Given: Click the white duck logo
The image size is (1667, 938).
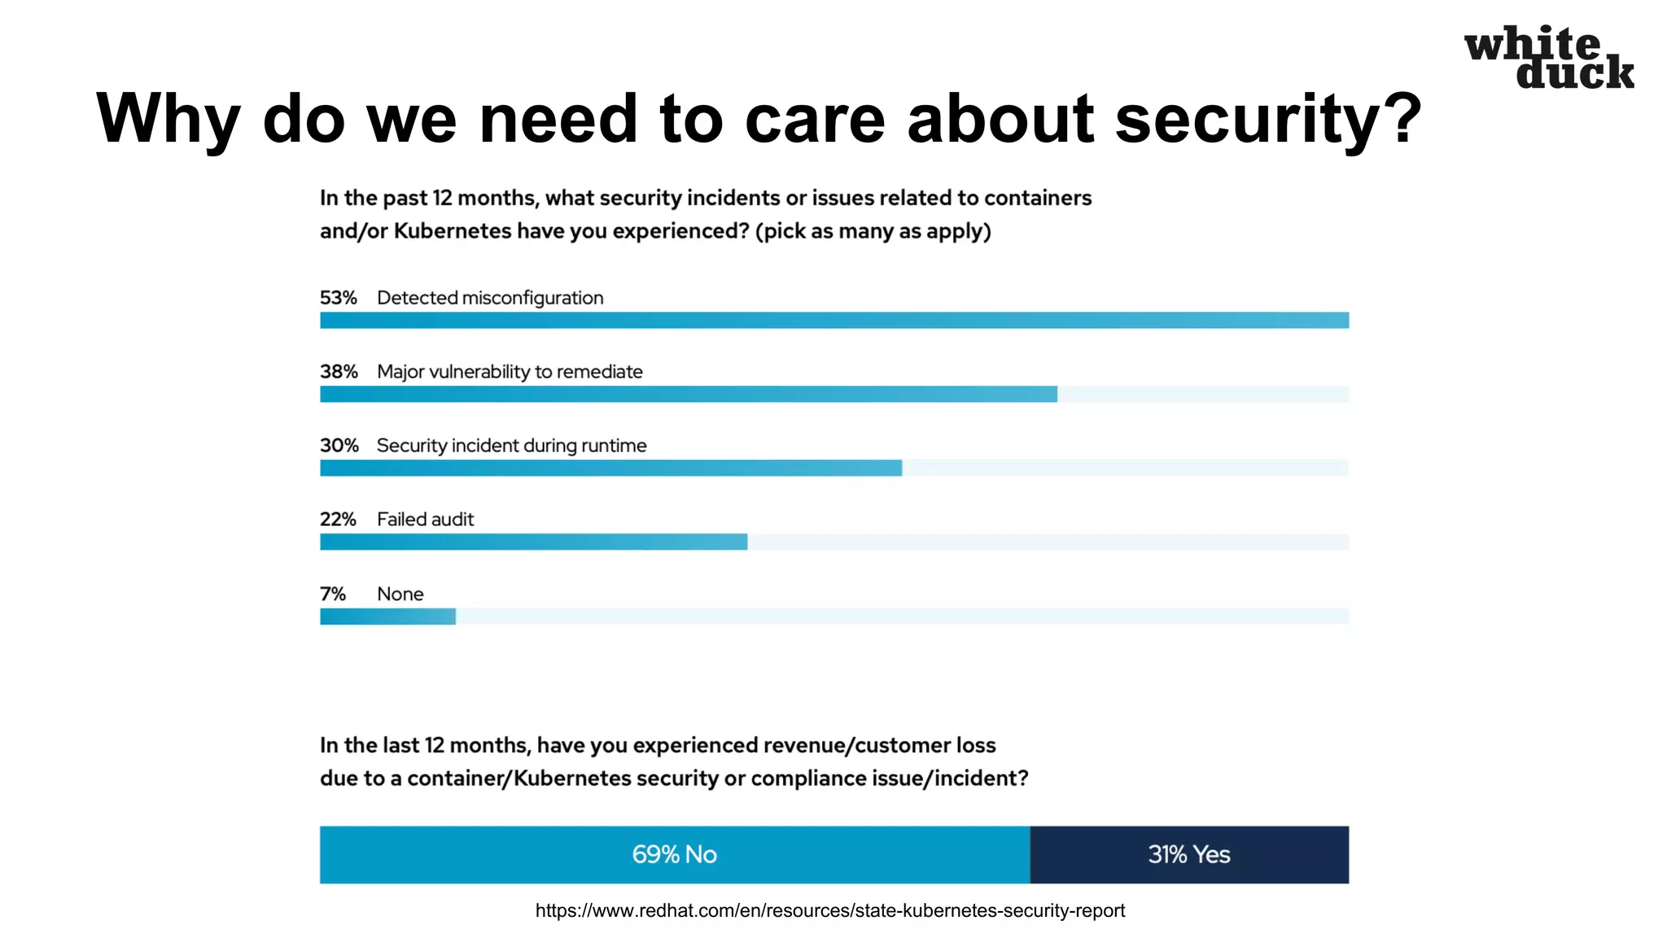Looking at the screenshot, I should coord(1548,58).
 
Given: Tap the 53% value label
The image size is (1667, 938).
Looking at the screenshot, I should coord(338,298).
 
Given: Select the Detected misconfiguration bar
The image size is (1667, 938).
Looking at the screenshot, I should coord(833,320).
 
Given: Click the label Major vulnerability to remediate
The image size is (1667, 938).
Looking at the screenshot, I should coord(510,372).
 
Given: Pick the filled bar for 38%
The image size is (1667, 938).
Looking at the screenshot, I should coord(688,394).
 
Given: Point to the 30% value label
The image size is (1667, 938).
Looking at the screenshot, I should coord(339,445).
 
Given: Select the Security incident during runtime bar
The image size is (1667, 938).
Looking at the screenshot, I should coord(610,468).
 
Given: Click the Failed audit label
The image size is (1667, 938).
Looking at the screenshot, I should coord(425,519).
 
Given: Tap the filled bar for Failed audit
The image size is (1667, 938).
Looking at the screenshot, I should coord(533,542).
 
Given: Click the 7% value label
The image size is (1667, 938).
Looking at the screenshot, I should coord(332,594).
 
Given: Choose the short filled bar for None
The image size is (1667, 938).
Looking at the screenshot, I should coord(387,616).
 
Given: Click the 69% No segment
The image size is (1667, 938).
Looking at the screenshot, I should coord(674,854).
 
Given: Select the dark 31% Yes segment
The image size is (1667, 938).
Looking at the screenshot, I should coord(1188,854).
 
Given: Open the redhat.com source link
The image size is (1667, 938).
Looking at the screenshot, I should coord(829,910).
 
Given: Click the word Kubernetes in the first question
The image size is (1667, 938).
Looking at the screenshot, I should coord(453,231).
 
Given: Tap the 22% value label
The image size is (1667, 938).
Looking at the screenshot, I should coord(338,519).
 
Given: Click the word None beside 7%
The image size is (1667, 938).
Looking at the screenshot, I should coord(400,594).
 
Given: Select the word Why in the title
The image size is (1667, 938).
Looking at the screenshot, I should coord(168,119).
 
